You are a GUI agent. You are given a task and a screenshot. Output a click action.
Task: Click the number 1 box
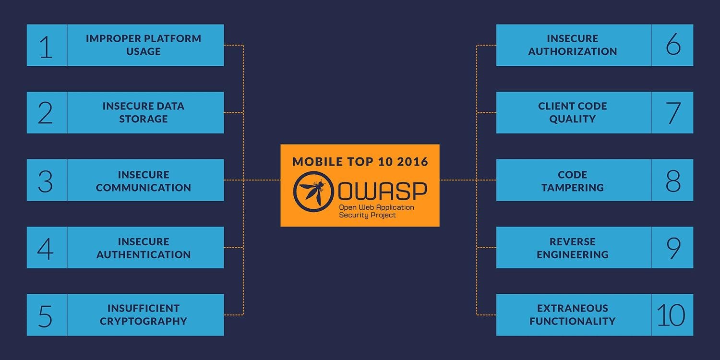tap(47, 46)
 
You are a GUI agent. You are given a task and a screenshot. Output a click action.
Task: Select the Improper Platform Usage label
tap(144, 45)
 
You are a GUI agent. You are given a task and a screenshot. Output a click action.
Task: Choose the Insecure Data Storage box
tap(144, 112)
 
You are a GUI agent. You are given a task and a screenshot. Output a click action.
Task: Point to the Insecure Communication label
tap(144, 181)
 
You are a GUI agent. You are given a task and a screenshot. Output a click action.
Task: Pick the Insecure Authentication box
tap(144, 248)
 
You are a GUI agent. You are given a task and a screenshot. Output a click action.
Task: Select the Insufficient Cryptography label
tap(144, 315)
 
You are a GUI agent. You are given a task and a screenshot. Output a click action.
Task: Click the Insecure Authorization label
tap(573, 45)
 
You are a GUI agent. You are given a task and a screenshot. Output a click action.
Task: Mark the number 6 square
tap(672, 46)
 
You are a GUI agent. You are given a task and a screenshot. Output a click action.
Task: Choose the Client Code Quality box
tap(573, 112)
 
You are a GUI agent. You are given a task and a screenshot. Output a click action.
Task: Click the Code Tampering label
tap(573, 181)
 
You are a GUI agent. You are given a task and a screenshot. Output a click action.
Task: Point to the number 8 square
tap(672, 180)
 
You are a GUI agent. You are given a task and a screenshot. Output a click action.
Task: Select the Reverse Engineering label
tap(573, 248)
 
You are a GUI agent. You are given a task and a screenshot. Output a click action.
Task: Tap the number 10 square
tap(672, 315)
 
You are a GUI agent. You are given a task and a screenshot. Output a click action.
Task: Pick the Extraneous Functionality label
tap(573, 315)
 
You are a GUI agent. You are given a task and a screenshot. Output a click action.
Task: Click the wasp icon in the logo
tap(313, 191)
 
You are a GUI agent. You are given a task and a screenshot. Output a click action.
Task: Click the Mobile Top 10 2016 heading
tap(360, 161)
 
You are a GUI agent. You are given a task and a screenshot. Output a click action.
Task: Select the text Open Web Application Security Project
tap(376, 211)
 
